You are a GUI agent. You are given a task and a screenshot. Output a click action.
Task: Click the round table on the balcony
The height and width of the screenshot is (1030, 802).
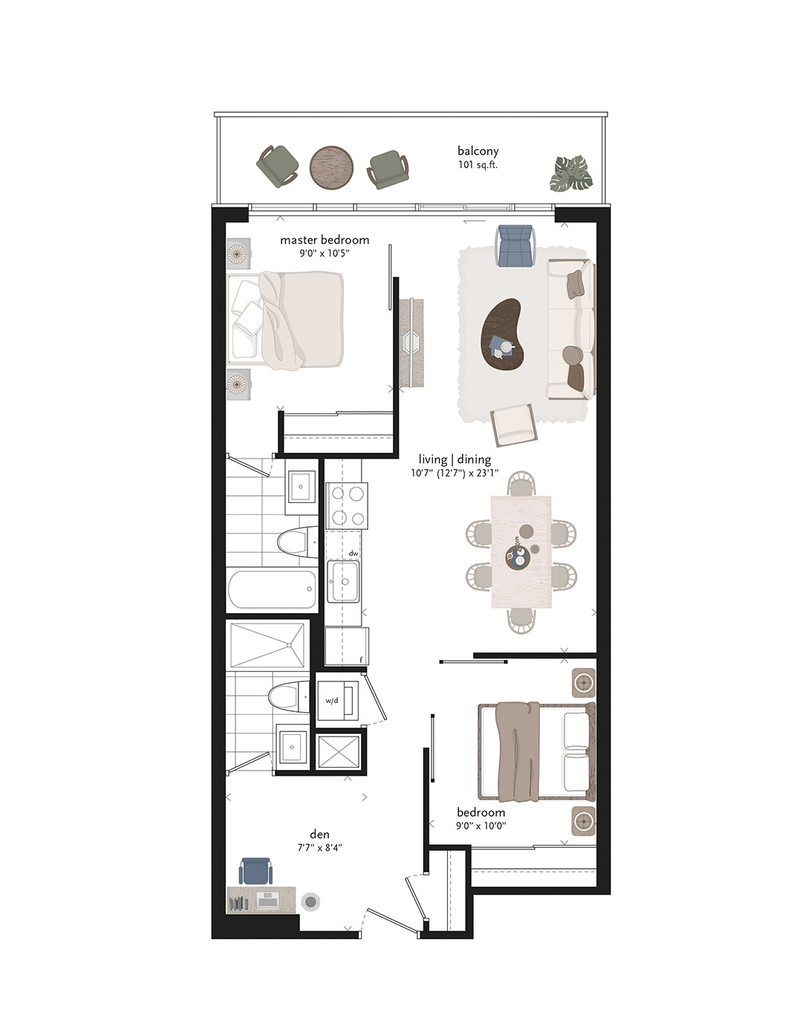pyautogui.click(x=331, y=168)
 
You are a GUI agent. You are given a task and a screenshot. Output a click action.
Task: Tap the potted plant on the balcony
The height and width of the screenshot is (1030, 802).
pyautogui.click(x=571, y=173)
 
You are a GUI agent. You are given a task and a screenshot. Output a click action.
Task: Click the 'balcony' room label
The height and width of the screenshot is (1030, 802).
pyautogui.click(x=477, y=151)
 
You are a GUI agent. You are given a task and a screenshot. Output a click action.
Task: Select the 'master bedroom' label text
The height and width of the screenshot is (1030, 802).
pyautogui.click(x=325, y=240)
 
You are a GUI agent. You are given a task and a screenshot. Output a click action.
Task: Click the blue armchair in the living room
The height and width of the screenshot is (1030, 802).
pyautogui.click(x=516, y=245)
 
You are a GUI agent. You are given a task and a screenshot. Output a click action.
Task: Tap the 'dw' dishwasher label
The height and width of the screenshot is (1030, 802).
pyautogui.click(x=353, y=553)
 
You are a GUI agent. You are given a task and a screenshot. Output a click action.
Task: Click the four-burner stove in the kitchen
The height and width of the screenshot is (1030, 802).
pyautogui.click(x=347, y=505)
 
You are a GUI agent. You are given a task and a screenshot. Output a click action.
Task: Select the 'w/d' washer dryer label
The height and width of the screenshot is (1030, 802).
pyautogui.click(x=332, y=700)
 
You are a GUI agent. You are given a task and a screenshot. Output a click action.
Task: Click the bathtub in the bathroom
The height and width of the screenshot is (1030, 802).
pyautogui.click(x=273, y=589)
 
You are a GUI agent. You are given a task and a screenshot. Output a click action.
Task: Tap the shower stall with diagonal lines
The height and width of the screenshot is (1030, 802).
pyautogui.click(x=267, y=644)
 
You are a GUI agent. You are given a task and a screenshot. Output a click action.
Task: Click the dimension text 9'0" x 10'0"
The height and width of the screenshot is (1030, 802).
pyautogui.click(x=481, y=825)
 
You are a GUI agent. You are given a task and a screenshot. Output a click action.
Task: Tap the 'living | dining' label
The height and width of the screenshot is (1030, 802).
pyautogui.click(x=454, y=459)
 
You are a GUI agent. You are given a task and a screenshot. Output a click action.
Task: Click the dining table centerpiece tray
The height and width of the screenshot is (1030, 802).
pyautogui.click(x=518, y=557)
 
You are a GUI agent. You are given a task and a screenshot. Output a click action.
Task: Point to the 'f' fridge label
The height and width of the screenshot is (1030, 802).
pyautogui.click(x=361, y=659)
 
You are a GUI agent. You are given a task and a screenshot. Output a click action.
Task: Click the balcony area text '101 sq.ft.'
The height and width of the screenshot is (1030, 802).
pyautogui.click(x=477, y=165)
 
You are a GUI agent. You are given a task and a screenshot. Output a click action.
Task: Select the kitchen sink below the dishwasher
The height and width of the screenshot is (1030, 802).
pyautogui.click(x=343, y=582)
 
